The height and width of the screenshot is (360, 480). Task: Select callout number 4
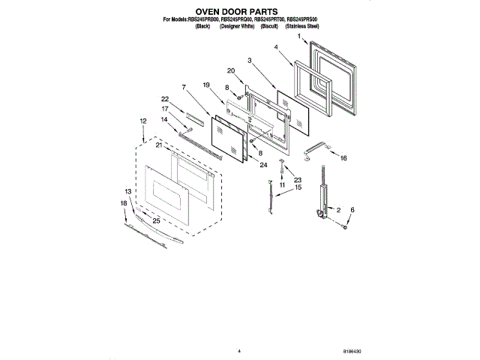coord(277,47)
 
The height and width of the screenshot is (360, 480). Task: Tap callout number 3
coord(248,59)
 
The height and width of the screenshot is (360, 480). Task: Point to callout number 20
coord(231,71)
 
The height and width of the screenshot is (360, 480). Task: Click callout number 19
coord(204,85)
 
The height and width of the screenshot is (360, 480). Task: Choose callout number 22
coord(164,99)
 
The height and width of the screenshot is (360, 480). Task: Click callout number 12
coord(142,121)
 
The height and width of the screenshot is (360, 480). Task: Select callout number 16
coord(343,159)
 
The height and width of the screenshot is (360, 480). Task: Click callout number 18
coord(124,203)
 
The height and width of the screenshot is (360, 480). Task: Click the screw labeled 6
coord(344,224)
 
